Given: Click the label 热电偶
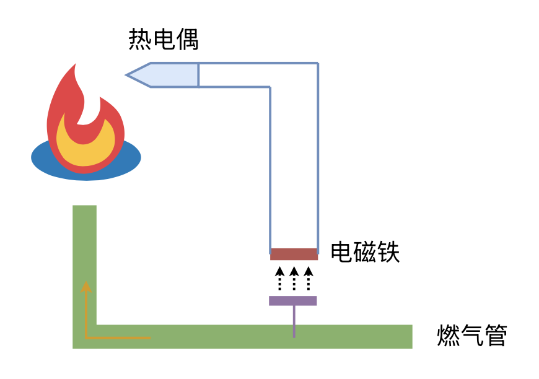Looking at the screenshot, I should [x=164, y=40].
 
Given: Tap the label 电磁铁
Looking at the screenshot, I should [x=365, y=252].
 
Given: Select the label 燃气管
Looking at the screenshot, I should [x=472, y=336].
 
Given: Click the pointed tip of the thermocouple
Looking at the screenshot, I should [x=128, y=75].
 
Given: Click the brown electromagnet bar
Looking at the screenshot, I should [x=294, y=254].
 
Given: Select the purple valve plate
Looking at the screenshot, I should [x=292, y=300].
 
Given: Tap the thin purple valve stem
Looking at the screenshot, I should [x=294, y=321].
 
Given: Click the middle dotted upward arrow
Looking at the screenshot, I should [x=294, y=278].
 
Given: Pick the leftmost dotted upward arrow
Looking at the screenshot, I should [x=279, y=278].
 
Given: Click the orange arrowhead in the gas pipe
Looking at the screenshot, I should [x=86, y=286].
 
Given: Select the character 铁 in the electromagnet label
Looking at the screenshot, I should [x=388, y=252].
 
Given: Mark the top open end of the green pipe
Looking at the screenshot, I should [x=84, y=207].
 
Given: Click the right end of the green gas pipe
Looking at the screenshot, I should [x=410, y=336].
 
